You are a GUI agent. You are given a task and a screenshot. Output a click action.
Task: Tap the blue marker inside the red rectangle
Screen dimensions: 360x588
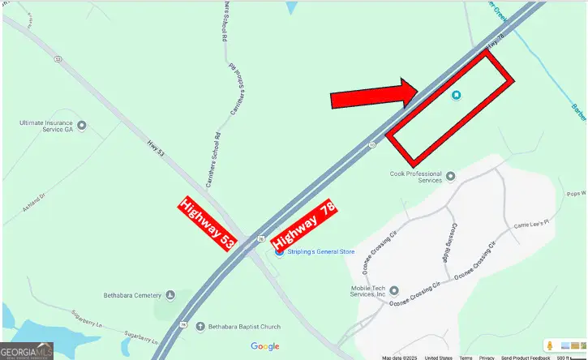pos(457,96)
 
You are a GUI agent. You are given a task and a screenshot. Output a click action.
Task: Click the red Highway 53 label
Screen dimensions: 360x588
pos(207,224)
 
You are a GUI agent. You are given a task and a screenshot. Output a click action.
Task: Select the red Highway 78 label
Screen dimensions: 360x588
pos(305,226)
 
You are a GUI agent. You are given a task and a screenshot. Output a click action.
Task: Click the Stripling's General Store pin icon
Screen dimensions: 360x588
pos(279,252)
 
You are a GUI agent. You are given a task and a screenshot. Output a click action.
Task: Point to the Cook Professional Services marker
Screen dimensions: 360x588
pos(451,176)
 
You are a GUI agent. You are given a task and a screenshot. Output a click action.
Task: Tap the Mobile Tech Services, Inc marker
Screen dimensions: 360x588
pos(393,290)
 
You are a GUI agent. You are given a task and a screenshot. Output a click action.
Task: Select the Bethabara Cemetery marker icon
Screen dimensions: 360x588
pos(170,295)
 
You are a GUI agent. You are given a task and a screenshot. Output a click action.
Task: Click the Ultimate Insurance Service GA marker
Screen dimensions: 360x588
pos(80,126)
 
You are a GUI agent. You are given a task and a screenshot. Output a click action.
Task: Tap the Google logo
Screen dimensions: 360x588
pos(264,346)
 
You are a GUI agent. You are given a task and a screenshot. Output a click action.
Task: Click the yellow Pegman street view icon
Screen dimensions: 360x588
pos(549,346)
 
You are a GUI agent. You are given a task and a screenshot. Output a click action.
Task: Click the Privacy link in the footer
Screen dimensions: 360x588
pos(487,358)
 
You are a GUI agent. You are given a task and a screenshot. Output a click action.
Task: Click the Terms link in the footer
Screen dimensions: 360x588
pos(466,358)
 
